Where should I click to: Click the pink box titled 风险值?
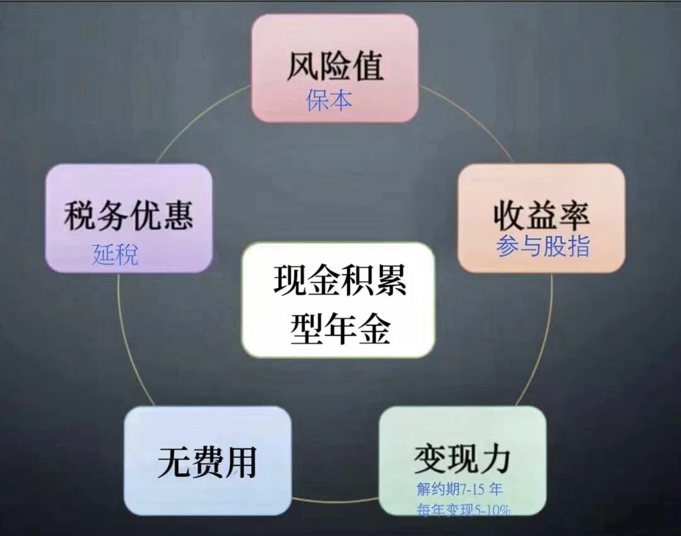click(x=335, y=68)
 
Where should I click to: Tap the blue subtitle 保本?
click(x=329, y=100)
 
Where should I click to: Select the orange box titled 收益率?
click(x=541, y=218)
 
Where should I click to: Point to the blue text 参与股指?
click(x=543, y=246)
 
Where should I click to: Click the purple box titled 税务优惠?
click(x=128, y=218)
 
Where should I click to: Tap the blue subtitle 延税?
click(x=115, y=254)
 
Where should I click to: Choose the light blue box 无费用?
click(x=207, y=461)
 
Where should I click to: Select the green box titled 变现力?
click(x=463, y=461)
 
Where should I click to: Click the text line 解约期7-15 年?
click(x=459, y=489)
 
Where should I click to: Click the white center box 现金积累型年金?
click(x=338, y=300)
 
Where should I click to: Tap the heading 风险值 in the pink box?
click(x=335, y=67)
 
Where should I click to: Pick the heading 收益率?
click(x=541, y=215)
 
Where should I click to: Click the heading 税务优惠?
click(x=128, y=215)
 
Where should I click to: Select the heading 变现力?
click(x=461, y=459)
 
